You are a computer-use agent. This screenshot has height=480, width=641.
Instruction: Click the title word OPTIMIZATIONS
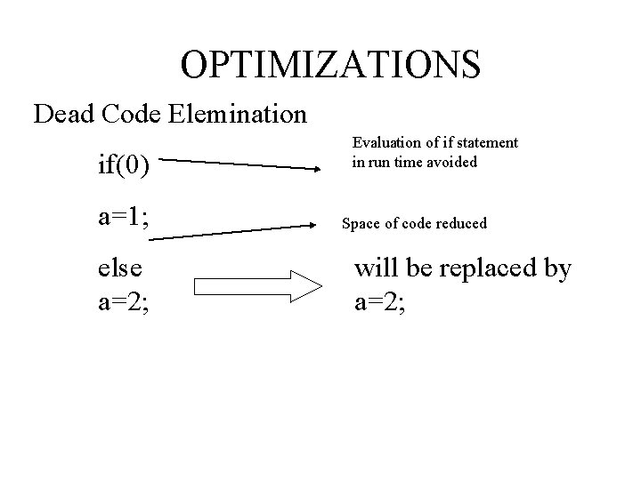(x=330, y=64)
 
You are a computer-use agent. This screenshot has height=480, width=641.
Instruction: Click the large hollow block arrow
(x=256, y=286)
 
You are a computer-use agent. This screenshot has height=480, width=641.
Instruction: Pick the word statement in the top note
(x=487, y=143)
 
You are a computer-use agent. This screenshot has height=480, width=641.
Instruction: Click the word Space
(x=360, y=223)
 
